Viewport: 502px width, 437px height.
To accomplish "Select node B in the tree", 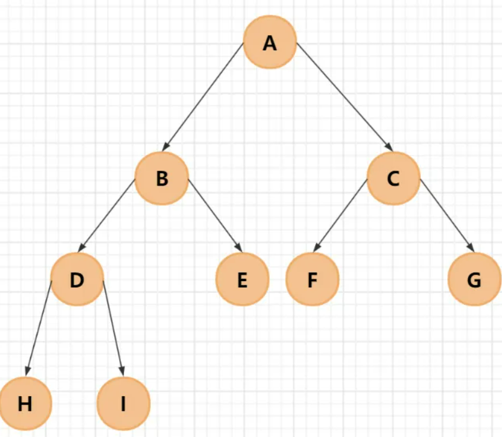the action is click(161, 179).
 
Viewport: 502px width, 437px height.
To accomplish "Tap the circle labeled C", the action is click(393, 179).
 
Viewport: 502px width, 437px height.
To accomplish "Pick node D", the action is click(76, 279).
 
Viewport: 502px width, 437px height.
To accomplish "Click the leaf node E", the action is click(242, 280).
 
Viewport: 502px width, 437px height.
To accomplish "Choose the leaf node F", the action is click(312, 280).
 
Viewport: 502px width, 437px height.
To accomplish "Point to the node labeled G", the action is click(474, 280).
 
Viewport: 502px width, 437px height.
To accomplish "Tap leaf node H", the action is click(25, 404).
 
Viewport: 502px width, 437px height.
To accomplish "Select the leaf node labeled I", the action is click(123, 404).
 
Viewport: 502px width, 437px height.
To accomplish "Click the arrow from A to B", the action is click(204, 97).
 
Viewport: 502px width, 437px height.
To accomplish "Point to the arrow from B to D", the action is click(108, 215).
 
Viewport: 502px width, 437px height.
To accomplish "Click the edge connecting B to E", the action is click(213, 215).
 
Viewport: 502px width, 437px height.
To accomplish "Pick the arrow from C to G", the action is click(447, 215).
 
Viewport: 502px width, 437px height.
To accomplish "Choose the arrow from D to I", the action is click(113, 328).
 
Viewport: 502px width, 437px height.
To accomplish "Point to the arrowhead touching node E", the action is click(237, 249).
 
